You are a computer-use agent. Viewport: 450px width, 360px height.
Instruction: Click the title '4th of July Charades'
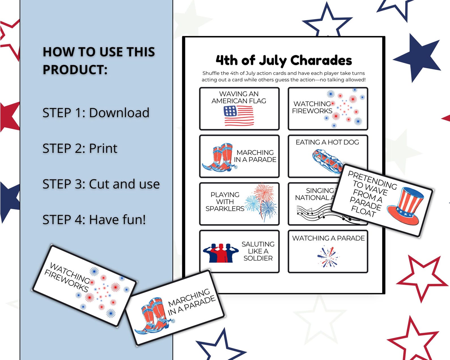coord(284,60)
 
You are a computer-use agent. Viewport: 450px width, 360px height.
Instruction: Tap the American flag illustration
coord(239,115)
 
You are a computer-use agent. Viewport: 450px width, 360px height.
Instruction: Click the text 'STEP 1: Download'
coord(96,113)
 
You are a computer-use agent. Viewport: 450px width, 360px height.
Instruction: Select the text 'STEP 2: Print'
coord(80,148)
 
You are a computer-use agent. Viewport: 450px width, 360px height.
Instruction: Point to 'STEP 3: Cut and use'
coord(101,184)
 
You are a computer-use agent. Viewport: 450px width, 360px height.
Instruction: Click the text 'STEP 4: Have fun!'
coord(94,220)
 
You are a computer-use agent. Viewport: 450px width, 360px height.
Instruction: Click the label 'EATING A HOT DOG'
coord(327,142)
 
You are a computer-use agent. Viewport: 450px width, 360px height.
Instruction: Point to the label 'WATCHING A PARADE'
coord(328,238)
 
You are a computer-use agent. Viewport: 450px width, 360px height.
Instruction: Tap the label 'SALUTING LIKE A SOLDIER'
coord(258,251)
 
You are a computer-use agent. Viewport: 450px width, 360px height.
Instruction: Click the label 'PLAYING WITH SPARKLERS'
coord(225,202)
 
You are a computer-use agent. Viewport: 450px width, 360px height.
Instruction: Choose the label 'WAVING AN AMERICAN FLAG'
coord(239,97)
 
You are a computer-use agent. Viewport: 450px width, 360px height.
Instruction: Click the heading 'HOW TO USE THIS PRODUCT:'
coord(99,61)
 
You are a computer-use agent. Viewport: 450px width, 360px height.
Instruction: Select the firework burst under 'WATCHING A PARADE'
coord(328,257)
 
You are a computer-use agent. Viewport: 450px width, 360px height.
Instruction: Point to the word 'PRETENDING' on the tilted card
coord(372,180)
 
